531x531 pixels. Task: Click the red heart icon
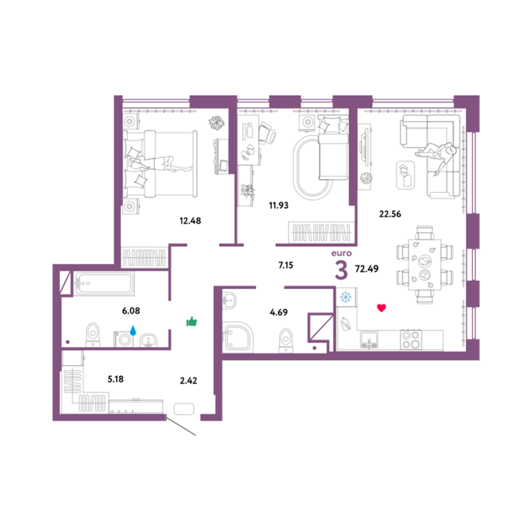[382, 308]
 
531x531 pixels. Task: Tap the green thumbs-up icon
[192, 322]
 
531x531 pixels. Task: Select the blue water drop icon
[133, 330]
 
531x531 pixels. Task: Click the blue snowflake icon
[346, 297]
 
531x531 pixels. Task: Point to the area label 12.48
[190, 221]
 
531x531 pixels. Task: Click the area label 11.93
[279, 205]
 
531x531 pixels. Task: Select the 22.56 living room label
[390, 214]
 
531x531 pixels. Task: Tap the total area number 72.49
[366, 268]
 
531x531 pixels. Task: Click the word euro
[342, 253]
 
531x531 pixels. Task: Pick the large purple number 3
[342, 270]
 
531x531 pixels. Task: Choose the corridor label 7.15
[286, 265]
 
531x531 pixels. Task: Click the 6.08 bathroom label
[131, 310]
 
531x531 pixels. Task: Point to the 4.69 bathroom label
[279, 313]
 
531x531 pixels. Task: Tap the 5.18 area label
[115, 379]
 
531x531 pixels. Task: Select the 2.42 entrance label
[188, 381]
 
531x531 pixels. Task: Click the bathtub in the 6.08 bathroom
[104, 283]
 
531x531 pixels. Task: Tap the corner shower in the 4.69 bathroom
[238, 337]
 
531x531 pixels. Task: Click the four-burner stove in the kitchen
[411, 339]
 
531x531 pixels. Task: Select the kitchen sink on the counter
[369, 340]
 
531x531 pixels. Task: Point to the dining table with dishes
[425, 265]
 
